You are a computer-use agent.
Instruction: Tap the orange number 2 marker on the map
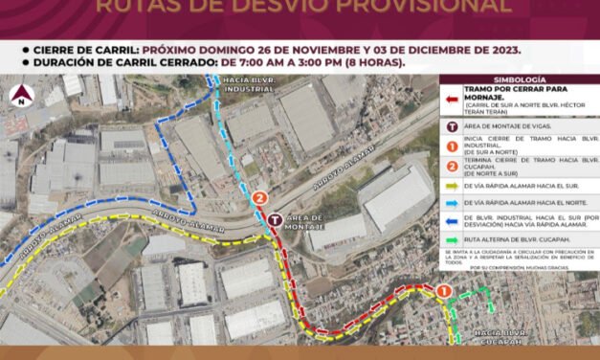[260, 199]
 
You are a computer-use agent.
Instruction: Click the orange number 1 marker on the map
[444, 291]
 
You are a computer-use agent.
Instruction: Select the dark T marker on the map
[276, 219]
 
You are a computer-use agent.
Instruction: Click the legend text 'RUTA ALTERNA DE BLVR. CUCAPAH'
[522, 238]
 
